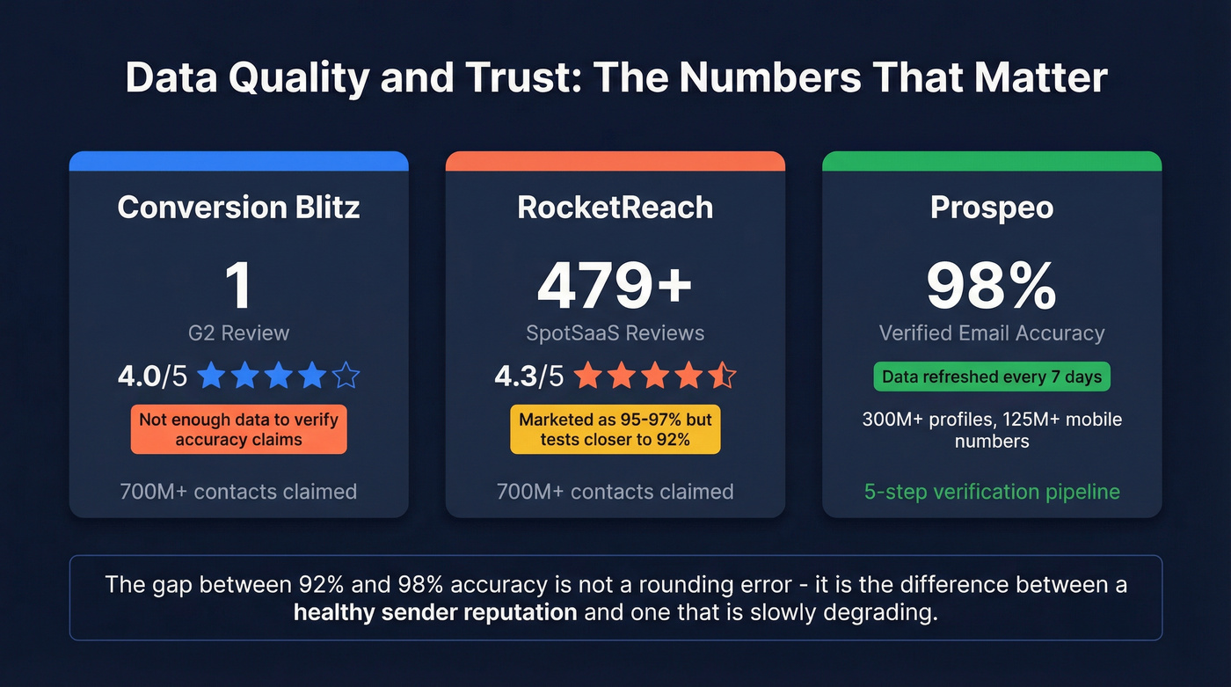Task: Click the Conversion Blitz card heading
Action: (238, 207)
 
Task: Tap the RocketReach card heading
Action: (615, 207)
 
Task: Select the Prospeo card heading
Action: (991, 207)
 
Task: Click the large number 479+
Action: (615, 285)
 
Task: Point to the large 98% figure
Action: (991, 285)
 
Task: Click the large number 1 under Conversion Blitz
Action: (238, 285)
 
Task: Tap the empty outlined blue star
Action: (346, 376)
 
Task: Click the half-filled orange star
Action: (722, 376)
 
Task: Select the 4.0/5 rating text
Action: (152, 376)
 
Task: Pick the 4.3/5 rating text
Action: (528, 376)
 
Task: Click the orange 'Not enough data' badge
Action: (238, 429)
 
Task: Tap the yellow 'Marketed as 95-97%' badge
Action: (615, 429)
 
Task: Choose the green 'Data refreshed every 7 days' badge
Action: (991, 376)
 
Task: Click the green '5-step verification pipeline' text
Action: (991, 491)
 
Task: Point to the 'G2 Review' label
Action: (238, 333)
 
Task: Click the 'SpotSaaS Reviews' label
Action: (615, 333)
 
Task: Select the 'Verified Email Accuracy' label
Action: (991, 333)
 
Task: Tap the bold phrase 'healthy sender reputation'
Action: (435, 611)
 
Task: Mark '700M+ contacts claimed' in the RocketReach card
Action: (615, 491)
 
